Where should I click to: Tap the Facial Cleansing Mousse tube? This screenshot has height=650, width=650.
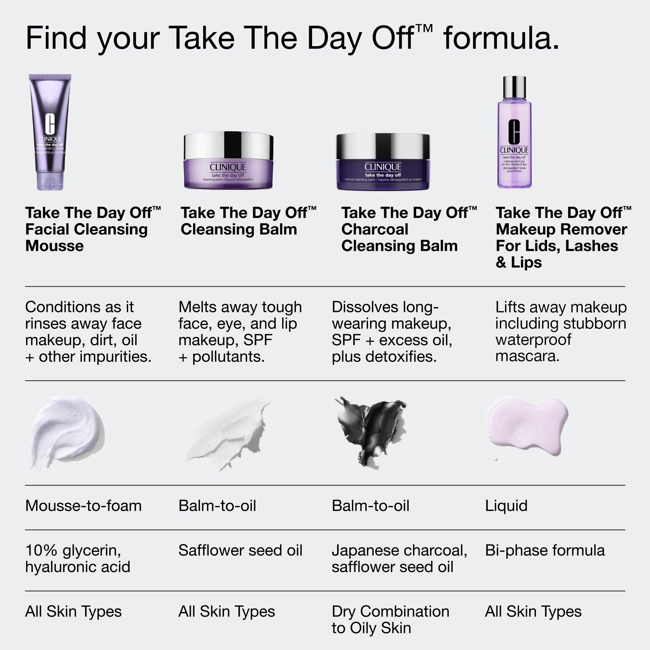click(x=50, y=131)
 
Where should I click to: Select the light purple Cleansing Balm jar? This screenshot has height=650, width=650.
click(x=228, y=162)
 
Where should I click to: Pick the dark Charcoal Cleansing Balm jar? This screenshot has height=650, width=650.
click(x=383, y=162)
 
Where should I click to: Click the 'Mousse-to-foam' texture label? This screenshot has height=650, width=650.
click(x=84, y=506)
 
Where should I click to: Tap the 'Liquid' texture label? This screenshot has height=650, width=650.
click(x=506, y=506)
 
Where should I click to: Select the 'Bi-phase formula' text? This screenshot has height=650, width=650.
click(x=545, y=551)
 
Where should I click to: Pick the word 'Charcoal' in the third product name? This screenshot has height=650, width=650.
click(x=374, y=229)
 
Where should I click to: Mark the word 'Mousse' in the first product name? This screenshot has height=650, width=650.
click(x=55, y=246)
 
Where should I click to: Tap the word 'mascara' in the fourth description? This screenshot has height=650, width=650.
click(x=527, y=356)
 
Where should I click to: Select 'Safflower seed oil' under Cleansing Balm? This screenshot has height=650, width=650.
click(x=240, y=551)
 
